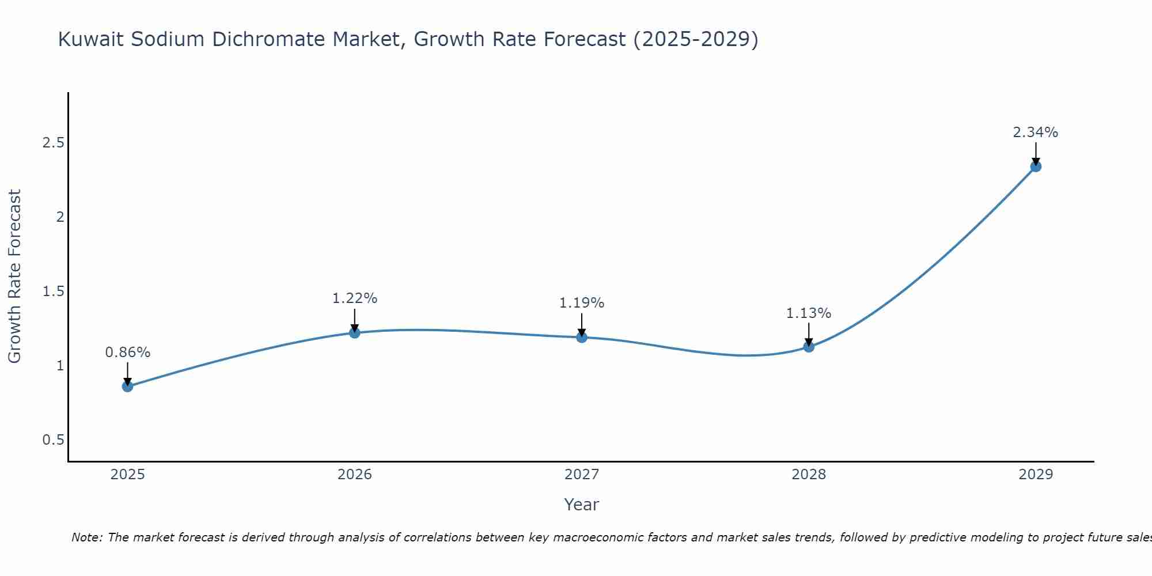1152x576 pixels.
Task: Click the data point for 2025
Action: tap(127, 386)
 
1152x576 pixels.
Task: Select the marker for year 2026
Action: tap(354, 333)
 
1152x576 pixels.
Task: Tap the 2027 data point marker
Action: tap(582, 337)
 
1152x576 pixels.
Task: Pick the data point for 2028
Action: tap(809, 346)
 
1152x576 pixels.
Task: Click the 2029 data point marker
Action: tap(1036, 166)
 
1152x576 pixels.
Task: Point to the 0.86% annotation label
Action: tap(127, 353)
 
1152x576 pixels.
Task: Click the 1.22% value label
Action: tap(354, 298)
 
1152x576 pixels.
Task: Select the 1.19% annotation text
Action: tap(582, 303)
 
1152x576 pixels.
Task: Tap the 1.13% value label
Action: tap(809, 313)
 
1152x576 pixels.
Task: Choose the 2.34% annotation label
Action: tap(1036, 132)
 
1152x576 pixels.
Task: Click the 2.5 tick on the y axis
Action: tap(53, 143)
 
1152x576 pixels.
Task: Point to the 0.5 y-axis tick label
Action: tap(53, 440)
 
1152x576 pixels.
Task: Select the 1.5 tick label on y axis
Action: tap(53, 291)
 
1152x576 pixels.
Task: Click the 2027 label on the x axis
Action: tap(582, 475)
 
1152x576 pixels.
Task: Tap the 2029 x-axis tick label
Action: tap(1036, 475)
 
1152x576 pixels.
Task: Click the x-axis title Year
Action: tap(582, 505)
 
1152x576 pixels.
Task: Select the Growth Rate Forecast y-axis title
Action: tap(15, 276)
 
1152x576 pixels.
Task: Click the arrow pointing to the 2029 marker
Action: tap(1036, 153)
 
